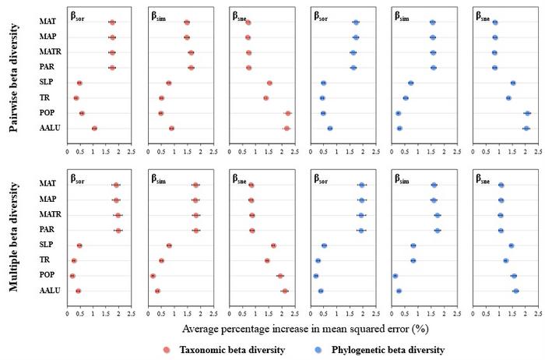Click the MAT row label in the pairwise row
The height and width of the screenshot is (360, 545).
[46, 23]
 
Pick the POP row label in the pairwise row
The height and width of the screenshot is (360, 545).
[47, 113]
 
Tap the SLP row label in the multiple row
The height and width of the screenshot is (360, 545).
[47, 245]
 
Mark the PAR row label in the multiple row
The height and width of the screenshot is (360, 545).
[47, 231]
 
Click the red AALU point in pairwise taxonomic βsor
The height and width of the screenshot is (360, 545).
[94, 128]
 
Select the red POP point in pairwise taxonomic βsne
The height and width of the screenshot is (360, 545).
[288, 113]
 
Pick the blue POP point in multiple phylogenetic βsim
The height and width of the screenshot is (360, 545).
[396, 276]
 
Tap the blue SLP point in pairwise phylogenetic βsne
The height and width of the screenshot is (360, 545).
[513, 83]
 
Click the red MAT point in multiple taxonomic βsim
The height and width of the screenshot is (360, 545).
[195, 185]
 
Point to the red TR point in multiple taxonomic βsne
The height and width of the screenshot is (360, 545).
[267, 260]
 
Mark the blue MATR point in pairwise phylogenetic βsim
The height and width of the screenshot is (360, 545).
[433, 52]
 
